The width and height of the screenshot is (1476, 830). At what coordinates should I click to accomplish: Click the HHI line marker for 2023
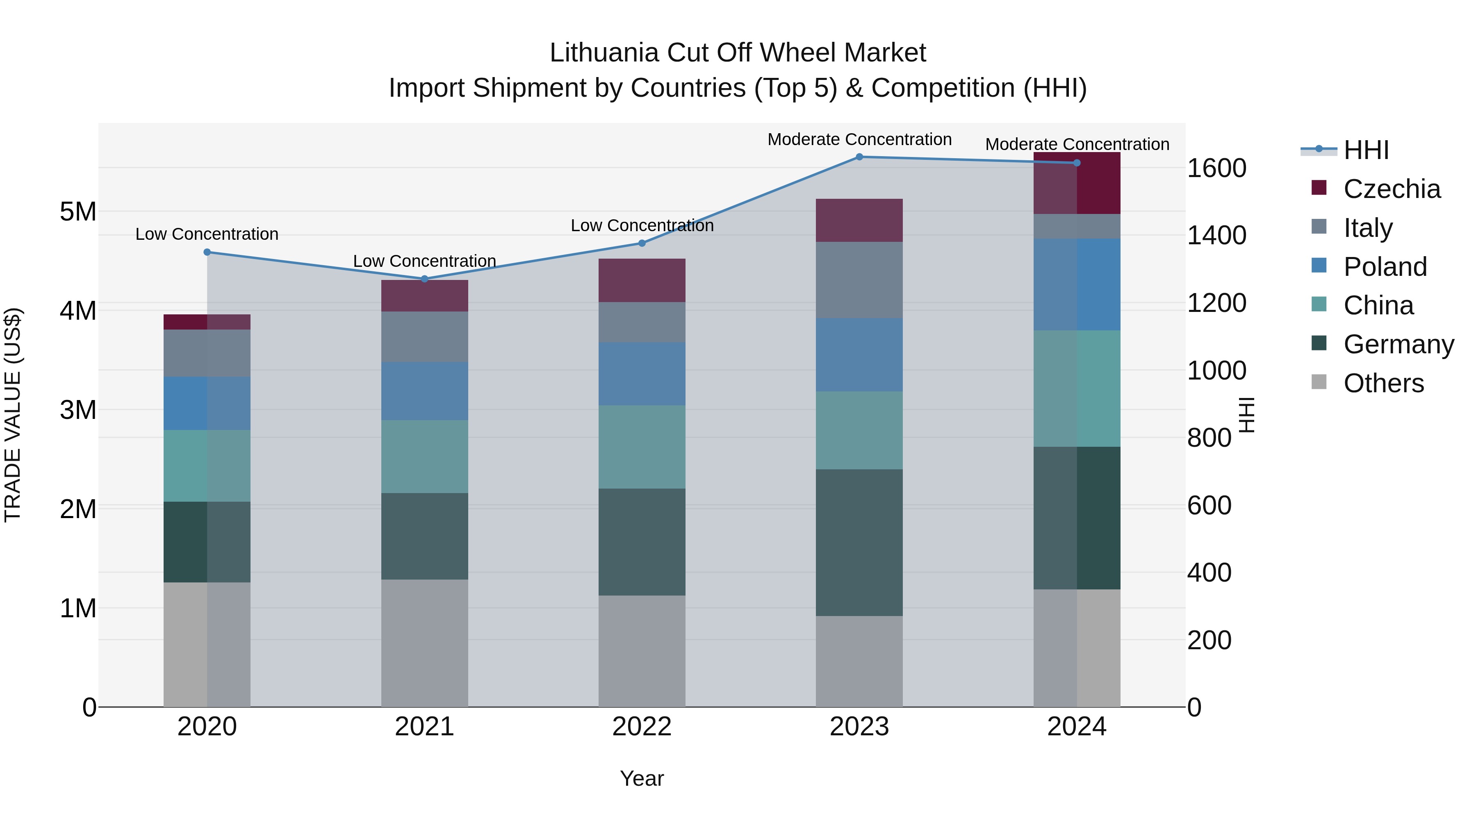[x=859, y=157]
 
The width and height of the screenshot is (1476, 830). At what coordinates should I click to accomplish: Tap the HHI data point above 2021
[x=425, y=279]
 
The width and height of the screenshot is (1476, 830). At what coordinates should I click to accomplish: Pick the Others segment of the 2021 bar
[x=425, y=643]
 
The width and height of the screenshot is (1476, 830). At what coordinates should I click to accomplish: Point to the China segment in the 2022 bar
[x=642, y=447]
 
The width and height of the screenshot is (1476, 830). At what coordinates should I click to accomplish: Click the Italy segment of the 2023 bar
[x=859, y=280]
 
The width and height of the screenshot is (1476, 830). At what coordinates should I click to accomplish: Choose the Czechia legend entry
[x=1391, y=189]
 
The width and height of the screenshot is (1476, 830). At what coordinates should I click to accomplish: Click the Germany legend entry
[x=1398, y=344]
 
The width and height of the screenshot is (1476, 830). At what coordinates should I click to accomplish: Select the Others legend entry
[x=1383, y=383]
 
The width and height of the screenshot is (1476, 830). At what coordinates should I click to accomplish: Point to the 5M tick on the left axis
[x=78, y=212]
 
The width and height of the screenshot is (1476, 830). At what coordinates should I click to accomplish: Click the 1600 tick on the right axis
[x=1216, y=168]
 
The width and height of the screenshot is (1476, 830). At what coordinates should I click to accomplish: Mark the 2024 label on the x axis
[x=1077, y=727]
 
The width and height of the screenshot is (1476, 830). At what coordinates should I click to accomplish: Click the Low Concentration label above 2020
[x=207, y=234]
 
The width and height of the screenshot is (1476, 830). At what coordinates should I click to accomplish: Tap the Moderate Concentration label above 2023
[x=859, y=140]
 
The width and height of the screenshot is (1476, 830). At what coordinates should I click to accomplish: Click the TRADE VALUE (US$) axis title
[x=13, y=415]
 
